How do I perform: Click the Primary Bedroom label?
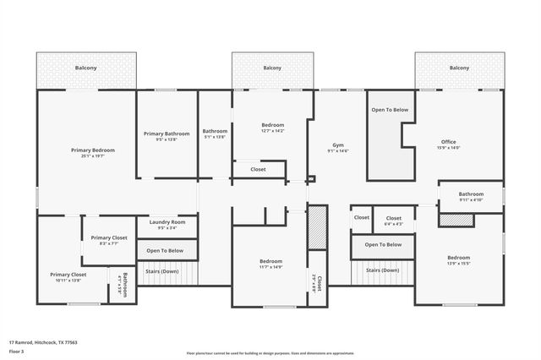(93, 150)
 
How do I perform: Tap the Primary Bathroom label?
(167, 134)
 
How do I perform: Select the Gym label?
(338, 145)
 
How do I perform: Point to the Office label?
(449, 141)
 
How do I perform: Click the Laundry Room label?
(167, 221)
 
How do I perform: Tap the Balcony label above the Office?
(459, 68)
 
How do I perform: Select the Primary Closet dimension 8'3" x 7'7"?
(109, 243)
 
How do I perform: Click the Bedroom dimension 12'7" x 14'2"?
(272, 131)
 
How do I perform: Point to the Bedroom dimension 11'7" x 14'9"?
(270, 267)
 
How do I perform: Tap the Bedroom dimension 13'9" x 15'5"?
(458, 264)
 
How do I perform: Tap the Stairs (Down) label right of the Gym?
(382, 270)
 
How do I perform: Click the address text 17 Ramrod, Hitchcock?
(43, 343)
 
